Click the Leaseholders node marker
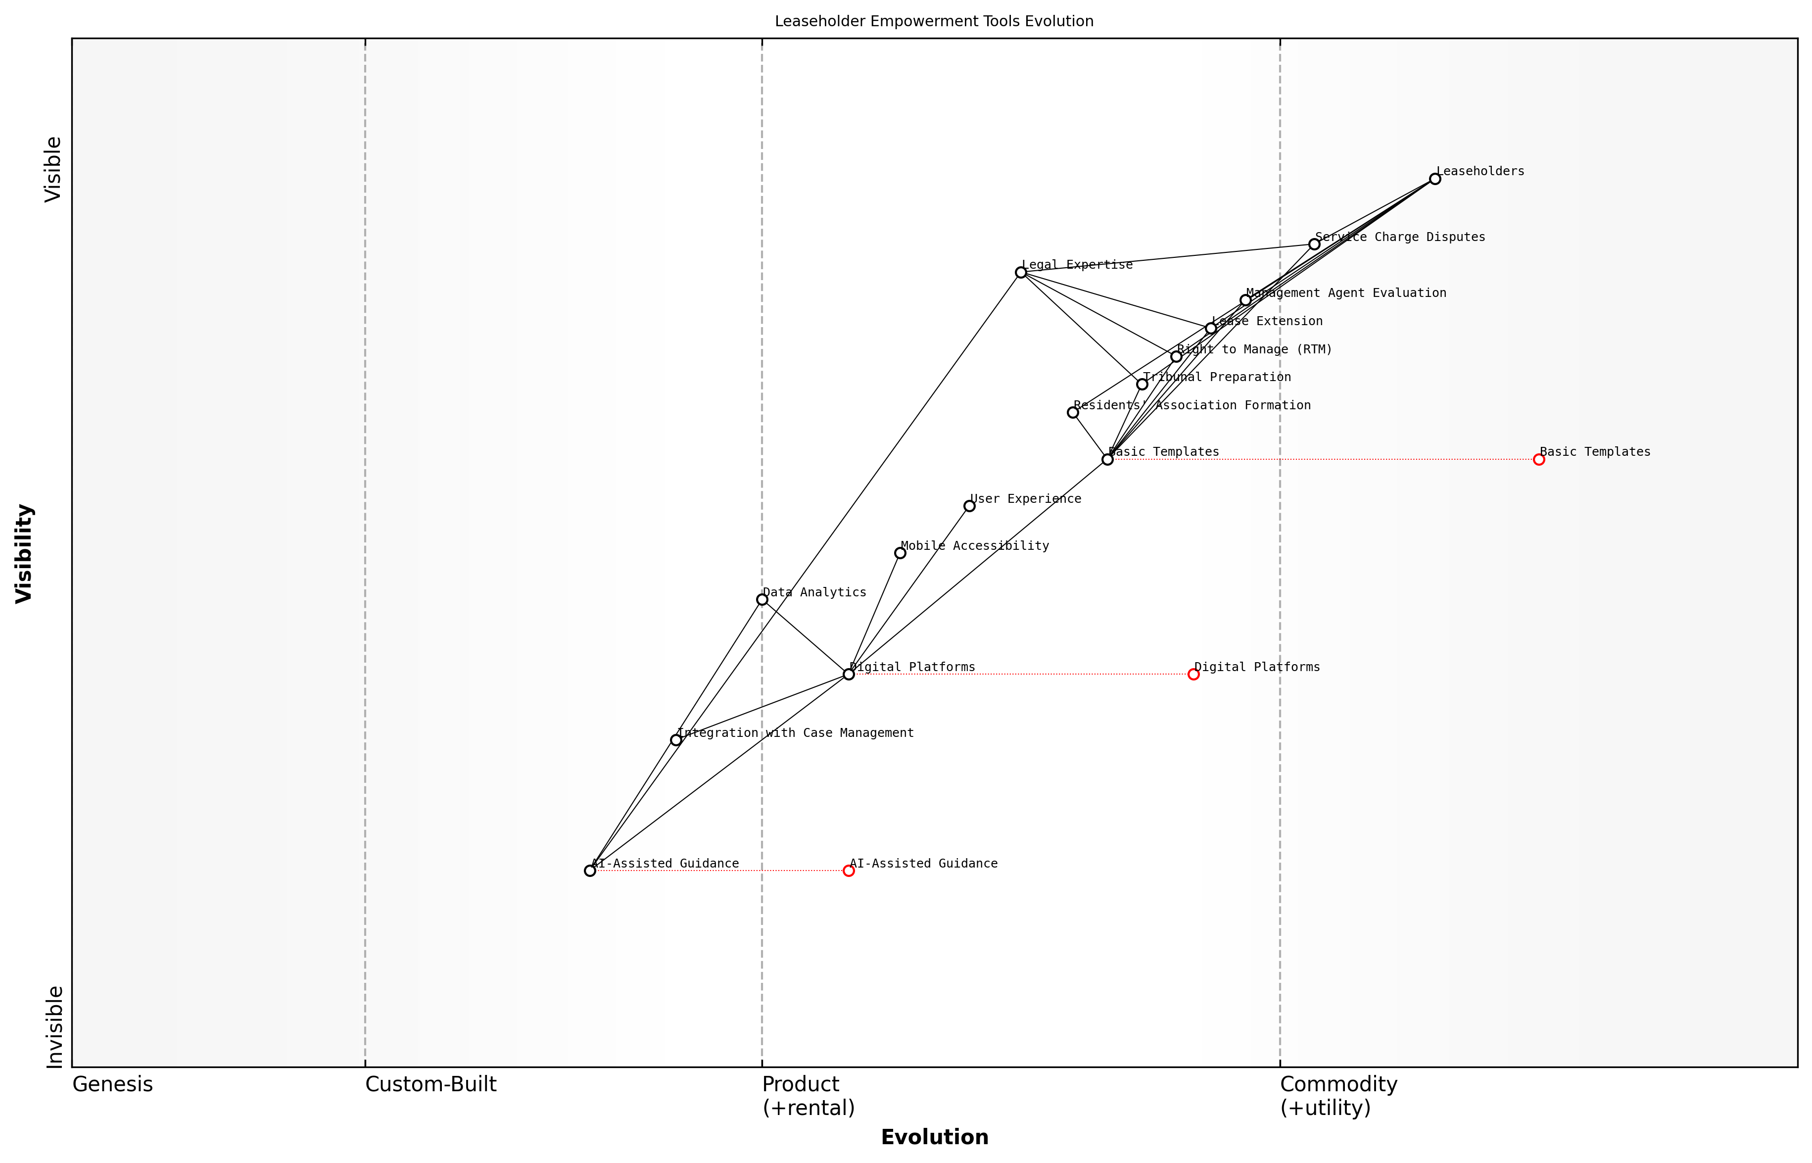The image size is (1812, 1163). [1434, 179]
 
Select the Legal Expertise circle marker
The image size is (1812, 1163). [1021, 273]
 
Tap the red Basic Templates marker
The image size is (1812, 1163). [1539, 459]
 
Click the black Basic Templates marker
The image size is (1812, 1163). [1107, 459]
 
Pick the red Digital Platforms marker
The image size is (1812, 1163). [1193, 675]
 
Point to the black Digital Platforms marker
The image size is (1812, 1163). [849, 675]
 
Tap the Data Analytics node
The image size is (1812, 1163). [762, 600]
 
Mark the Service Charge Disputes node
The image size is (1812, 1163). [1314, 244]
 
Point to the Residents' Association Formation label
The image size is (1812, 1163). [1192, 405]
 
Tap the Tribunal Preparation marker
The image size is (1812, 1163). [1143, 385]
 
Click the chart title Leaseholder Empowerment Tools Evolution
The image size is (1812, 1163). [934, 21]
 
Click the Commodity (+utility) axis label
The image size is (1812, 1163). [1338, 1096]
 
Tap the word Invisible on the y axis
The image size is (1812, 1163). [54, 1026]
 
